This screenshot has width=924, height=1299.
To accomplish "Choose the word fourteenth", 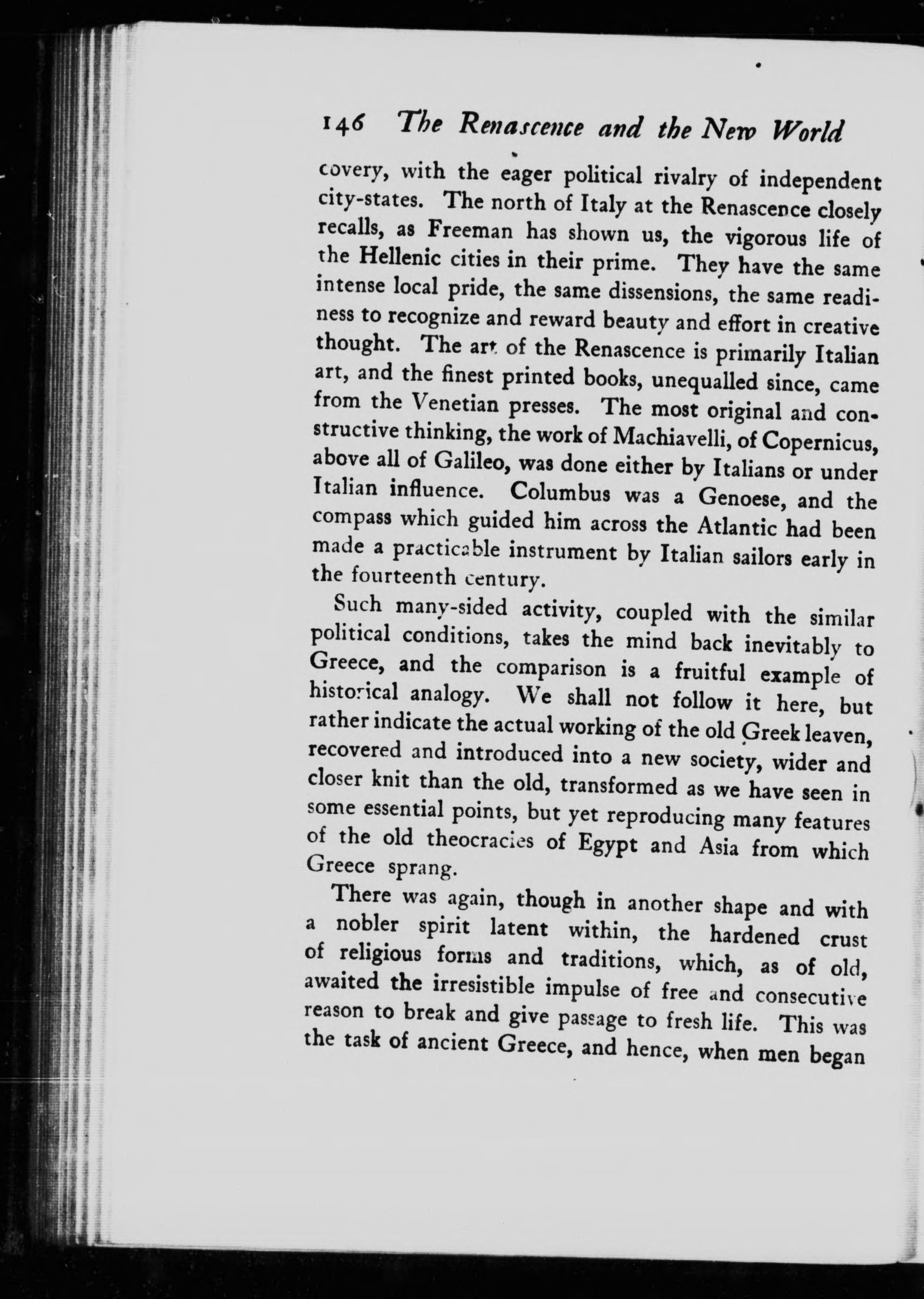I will tap(404, 576).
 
